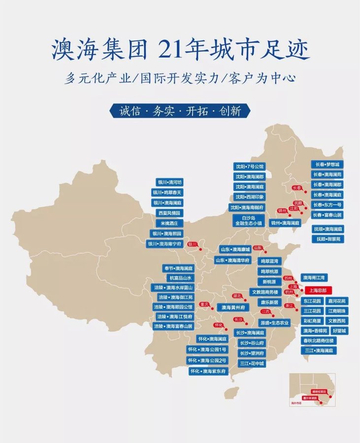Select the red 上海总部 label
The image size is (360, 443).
[x=319, y=290]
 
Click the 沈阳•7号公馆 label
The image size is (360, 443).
[x=249, y=166]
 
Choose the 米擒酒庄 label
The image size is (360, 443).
[x=169, y=223]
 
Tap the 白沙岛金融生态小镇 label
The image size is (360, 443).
[x=249, y=220]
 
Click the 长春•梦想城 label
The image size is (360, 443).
[x=327, y=164]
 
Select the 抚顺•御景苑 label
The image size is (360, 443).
[x=327, y=239]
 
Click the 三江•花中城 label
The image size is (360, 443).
[x=252, y=363]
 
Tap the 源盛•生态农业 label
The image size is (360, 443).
[x=274, y=322]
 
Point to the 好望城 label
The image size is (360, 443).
[x=339, y=330]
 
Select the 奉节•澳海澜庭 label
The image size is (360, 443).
[x=179, y=268]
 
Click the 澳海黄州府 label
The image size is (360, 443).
[x=233, y=307]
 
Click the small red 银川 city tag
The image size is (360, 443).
[x=193, y=244]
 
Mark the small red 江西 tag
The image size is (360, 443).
[x=266, y=311]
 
